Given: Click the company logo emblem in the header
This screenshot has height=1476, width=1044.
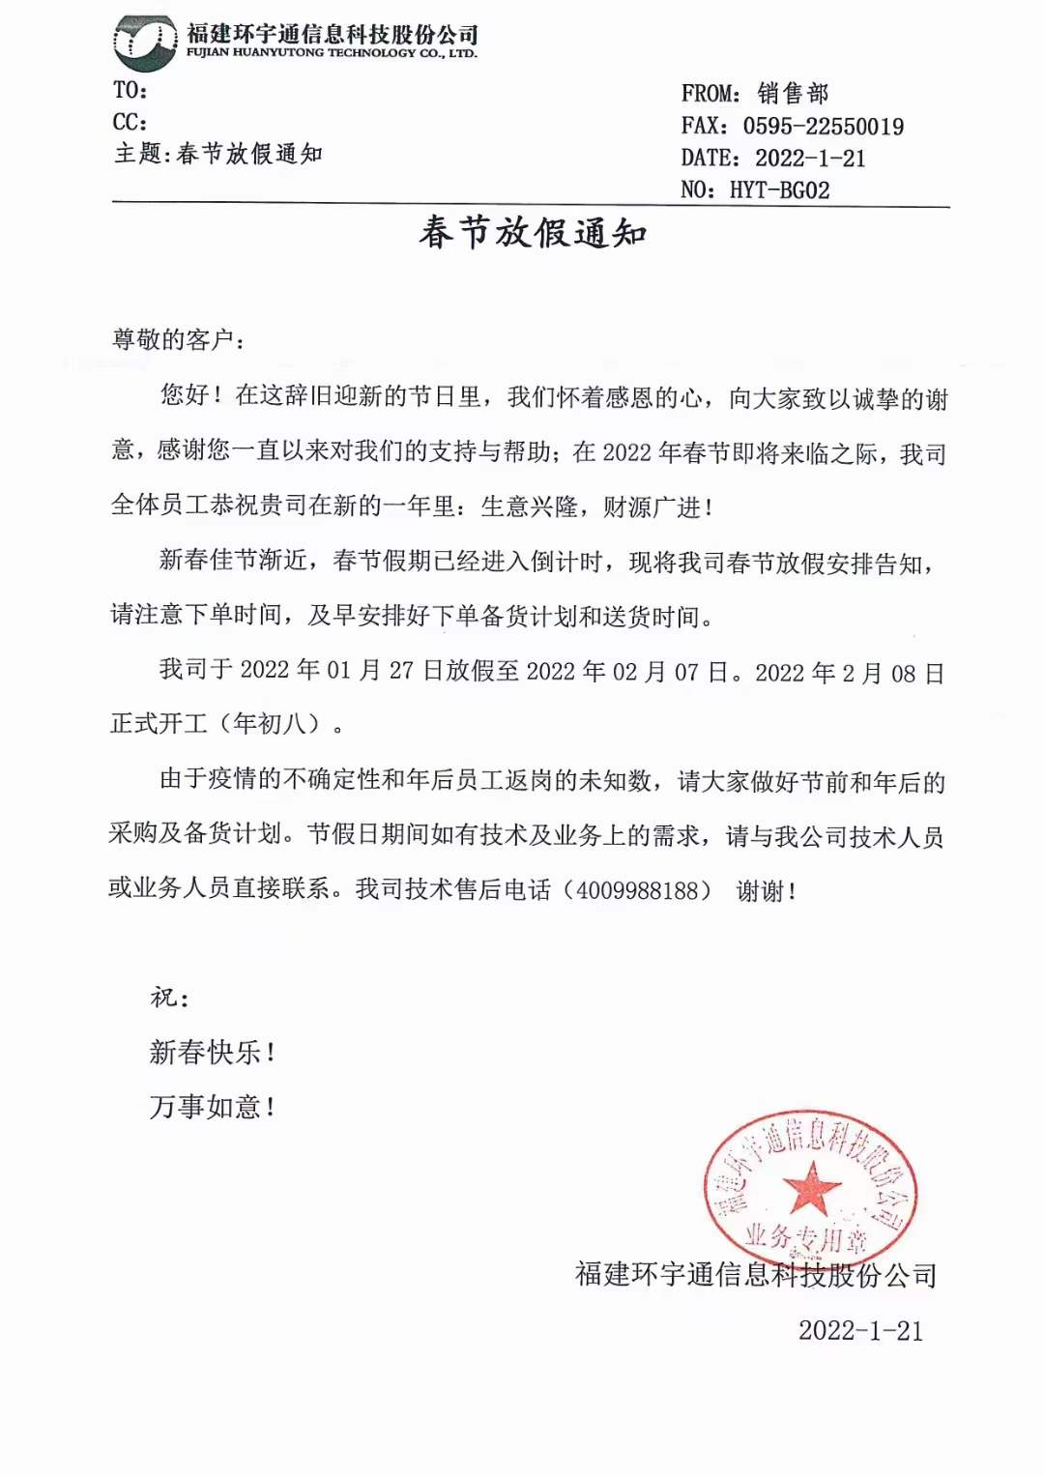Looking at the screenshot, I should pyautogui.click(x=145, y=43).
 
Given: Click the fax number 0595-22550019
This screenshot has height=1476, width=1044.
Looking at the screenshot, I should pyautogui.click(x=823, y=127).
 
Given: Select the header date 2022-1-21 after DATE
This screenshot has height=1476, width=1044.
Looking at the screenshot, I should pyautogui.click(x=810, y=159).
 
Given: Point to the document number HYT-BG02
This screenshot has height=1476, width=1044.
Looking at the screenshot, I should pyautogui.click(x=779, y=190).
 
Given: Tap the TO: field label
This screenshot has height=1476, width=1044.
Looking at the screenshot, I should pyautogui.click(x=130, y=91).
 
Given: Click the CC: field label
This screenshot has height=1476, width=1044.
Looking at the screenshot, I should pyautogui.click(x=130, y=123).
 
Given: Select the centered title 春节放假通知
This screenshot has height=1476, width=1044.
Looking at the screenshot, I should pyautogui.click(x=533, y=234).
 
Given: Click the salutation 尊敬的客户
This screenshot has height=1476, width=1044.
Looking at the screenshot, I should pyautogui.click(x=174, y=340).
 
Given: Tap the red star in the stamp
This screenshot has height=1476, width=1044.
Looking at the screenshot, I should pyautogui.click(x=810, y=1188).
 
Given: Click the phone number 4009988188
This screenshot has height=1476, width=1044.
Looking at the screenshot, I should pyautogui.click(x=644, y=890).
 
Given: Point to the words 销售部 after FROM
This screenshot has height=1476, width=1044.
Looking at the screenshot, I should pyautogui.click(x=793, y=94).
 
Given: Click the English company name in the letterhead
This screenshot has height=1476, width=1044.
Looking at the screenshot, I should pyautogui.click(x=332, y=54).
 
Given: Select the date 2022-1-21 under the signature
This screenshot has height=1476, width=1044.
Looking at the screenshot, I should pyautogui.click(x=860, y=1331).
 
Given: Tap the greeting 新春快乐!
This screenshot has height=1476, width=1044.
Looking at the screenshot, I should pyautogui.click(x=213, y=1053).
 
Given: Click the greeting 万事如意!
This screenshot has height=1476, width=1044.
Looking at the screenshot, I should pyautogui.click(x=213, y=1107).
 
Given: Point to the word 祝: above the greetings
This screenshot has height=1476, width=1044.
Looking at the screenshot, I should pyautogui.click(x=169, y=998).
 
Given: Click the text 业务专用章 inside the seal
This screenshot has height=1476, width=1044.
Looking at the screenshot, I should pyautogui.click(x=805, y=1236).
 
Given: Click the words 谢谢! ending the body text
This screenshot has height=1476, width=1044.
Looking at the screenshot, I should pyautogui.click(x=767, y=891).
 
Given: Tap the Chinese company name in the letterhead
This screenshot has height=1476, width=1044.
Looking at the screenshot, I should pyautogui.click(x=333, y=35).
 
